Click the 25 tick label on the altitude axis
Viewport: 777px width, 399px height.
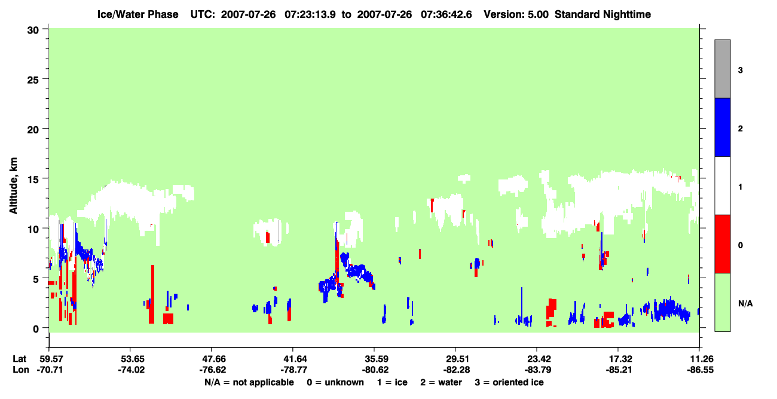(33, 80)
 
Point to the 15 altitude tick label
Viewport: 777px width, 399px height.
(33, 179)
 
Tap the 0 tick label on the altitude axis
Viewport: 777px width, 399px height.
(36, 329)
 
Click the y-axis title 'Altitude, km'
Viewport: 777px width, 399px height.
(13, 186)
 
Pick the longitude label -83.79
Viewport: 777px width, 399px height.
(537, 370)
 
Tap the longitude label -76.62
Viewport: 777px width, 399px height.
(212, 370)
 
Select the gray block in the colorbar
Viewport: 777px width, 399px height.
(723, 69)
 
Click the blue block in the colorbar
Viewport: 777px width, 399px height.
(723, 127)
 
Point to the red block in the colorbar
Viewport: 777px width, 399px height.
(723, 244)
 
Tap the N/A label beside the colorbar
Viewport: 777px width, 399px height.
(745, 304)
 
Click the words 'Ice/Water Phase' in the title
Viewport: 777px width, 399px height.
(137, 14)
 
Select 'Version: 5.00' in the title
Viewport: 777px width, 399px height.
(516, 14)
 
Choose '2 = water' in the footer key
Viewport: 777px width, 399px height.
(441, 382)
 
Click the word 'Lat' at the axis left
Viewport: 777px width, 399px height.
(19, 359)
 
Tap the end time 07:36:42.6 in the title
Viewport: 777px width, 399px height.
(446, 14)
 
